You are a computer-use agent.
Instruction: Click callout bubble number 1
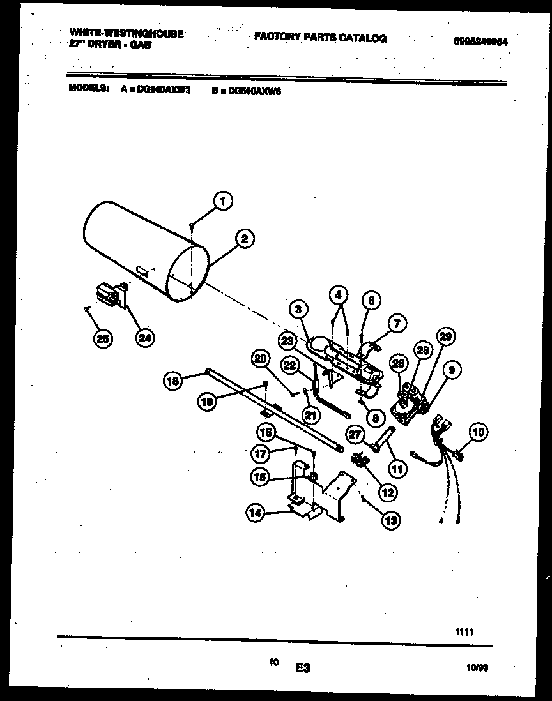point(222,201)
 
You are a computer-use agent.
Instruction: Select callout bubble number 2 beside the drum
point(243,239)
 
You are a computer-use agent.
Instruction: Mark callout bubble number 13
point(390,520)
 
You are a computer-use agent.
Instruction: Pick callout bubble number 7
point(396,324)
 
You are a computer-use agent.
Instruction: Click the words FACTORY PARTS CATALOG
point(320,38)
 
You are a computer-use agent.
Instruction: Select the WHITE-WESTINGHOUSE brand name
point(125,33)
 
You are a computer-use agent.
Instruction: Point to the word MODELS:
point(88,89)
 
